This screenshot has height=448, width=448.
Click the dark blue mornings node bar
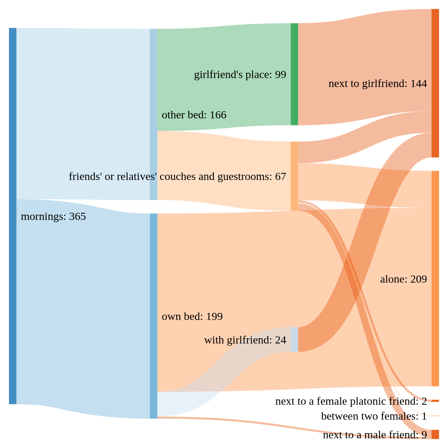coord(13,216)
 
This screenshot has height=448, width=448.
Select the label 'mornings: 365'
coord(53,217)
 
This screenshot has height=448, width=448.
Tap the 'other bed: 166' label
coord(194,115)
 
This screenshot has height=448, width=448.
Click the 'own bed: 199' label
coord(192,317)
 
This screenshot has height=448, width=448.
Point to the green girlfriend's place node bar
coord(294,74)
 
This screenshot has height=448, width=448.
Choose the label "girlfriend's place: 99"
coord(240,75)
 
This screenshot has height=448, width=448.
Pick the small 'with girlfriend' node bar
coord(294,339)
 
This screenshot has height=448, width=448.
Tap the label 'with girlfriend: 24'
coord(245,340)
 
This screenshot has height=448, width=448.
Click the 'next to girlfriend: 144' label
coord(377,84)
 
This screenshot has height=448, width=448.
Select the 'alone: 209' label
coord(403,279)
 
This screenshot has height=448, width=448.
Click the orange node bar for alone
coord(435,279)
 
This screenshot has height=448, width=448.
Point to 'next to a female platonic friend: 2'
coord(351,401)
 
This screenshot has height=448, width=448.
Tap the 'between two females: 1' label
coord(374,416)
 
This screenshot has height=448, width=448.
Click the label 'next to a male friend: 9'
coord(375,435)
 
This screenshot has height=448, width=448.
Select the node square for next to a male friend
coord(435,434)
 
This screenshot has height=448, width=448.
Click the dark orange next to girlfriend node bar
coord(435,83)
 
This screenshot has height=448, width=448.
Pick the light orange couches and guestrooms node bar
coord(294,176)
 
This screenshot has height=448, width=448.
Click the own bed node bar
coord(153,316)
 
